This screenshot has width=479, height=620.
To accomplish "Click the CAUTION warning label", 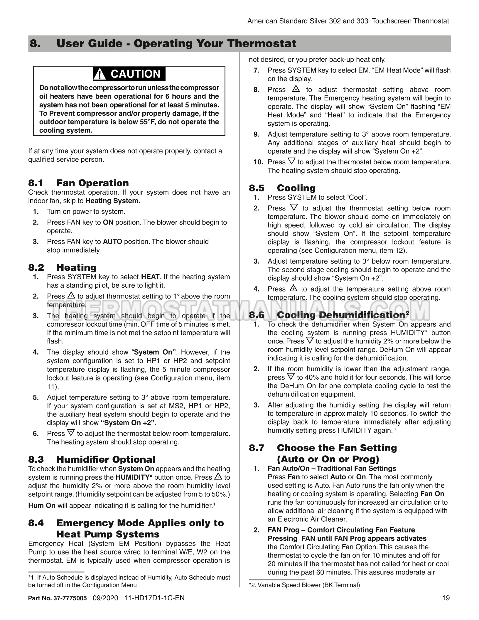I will pyautogui.click(x=129, y=74).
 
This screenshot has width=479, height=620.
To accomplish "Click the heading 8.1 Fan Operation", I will pyautogui.click(x=78, y=183).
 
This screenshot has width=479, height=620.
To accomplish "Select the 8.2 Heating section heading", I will pyautogui.click(x=62, y=267).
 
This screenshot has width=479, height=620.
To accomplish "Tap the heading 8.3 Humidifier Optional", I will pyautogui.click(x=92, y=459).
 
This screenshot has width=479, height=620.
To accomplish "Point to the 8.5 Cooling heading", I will pyautogui.click(x=282, y=188).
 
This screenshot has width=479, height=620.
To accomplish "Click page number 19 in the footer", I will pyautogui.click(x=446, y=598).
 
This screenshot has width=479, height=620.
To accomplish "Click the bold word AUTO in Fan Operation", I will pyautogui.click(x=112, y=242).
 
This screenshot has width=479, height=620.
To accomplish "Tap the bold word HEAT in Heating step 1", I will pyautogui.click(x=150, y=277).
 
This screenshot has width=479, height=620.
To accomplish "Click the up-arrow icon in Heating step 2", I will pyautogui.click(x=71, y=296).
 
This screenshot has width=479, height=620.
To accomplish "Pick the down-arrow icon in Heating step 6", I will pyautogui.click(x=71, y=433).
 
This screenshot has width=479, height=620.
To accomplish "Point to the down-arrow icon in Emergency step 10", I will pyautogui.click(x=291, y=161).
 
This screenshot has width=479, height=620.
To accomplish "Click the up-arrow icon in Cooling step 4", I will pyautogui.click(x=293, y=289).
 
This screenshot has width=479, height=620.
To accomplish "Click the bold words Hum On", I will pyautogui.click(x=42, y=506).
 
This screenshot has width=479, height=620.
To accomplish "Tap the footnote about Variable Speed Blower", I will pyautogui.click(x=304, y=585).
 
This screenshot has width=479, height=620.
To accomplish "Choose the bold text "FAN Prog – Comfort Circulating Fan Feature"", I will pyautogui.click(x=341, y=530).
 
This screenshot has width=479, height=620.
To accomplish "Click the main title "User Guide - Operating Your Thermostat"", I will pyautogui.click(x=176, y=43).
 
